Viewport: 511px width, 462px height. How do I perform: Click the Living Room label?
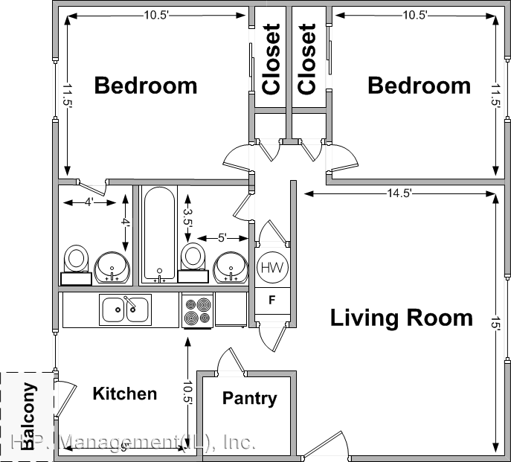click(x=401, y=318)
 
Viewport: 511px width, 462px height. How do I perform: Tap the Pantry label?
click(x=249, y=399)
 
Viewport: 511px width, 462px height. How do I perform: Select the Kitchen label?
click(x=124, y=394)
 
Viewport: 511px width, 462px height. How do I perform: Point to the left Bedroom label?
click(x=146, y=86)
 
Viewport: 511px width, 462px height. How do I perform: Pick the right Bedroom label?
click(x=419, y=86)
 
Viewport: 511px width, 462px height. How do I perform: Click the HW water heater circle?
click(x=271, y=266)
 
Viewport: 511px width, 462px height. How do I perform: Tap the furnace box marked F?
click(x=271, y=301)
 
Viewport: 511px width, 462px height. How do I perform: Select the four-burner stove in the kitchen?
click(x=198, y=310)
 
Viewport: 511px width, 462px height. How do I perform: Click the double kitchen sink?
click(x=126, y=309)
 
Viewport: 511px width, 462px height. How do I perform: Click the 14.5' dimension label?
click(x=399, y=193)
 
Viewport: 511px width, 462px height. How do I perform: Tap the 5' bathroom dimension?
click(x=222, y=238)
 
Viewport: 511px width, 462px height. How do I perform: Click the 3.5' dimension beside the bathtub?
click(x=188, y=216)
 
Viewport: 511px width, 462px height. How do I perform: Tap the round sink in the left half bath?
click(x=113, y=266)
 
